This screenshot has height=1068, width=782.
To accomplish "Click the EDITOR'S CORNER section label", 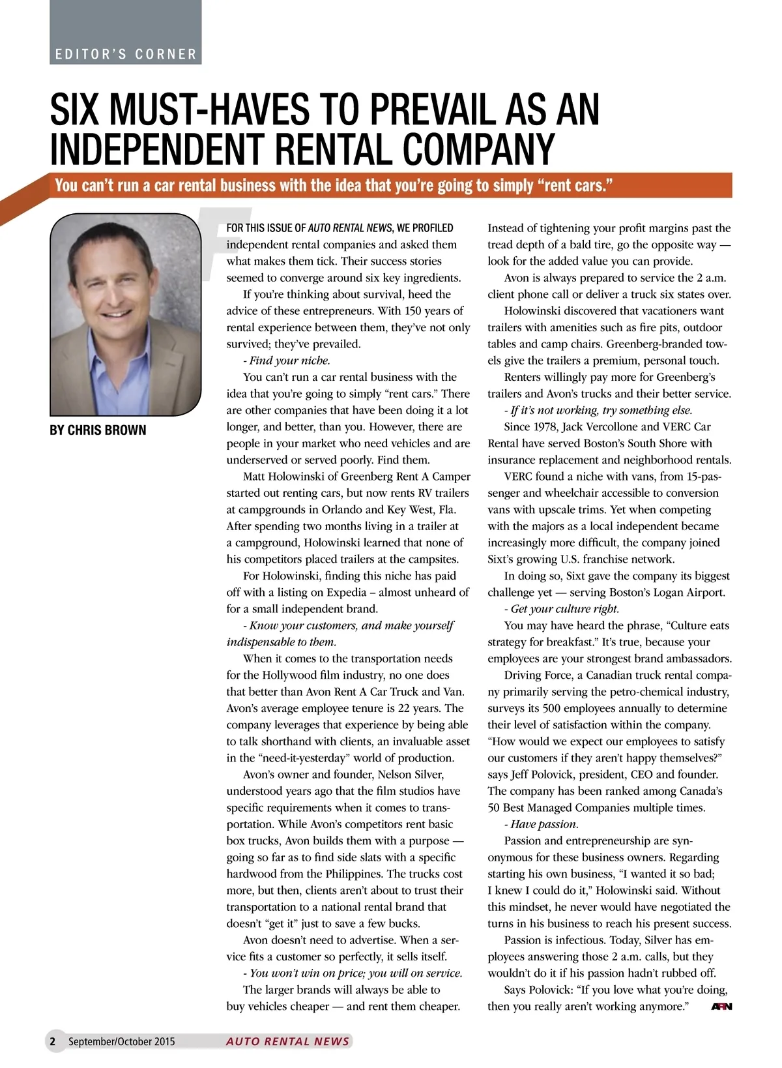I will point(126,54).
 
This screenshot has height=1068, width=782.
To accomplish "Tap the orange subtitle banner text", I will point(334,185).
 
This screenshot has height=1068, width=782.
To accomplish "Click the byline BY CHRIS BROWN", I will point(98,430).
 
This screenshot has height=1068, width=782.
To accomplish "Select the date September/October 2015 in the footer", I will point(122,1041).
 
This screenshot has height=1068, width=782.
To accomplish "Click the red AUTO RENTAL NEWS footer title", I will point(287,1041).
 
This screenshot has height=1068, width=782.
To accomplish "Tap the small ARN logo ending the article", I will point(721,1007).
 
